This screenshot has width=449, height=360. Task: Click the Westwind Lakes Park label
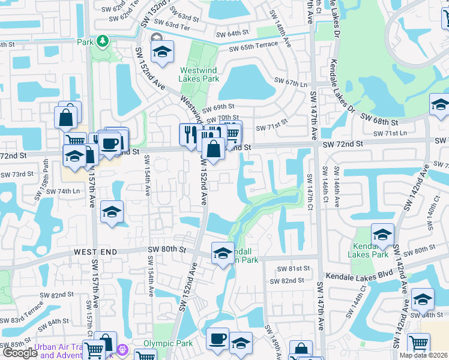pos(199,74)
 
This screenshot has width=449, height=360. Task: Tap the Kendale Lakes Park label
pos(372,251)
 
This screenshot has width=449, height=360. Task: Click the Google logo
pos(20,353)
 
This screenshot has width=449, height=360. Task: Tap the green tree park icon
pos(103,40)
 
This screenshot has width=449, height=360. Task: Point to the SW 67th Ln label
pos(291,82)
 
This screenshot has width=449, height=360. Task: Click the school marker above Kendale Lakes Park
pos(382,234)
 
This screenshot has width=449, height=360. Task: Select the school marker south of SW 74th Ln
pos(112,212)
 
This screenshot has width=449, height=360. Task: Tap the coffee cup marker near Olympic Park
pos(217,339)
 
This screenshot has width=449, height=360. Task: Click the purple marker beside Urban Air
pos(123,348)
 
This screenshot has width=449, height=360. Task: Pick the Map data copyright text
pos(424,355)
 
